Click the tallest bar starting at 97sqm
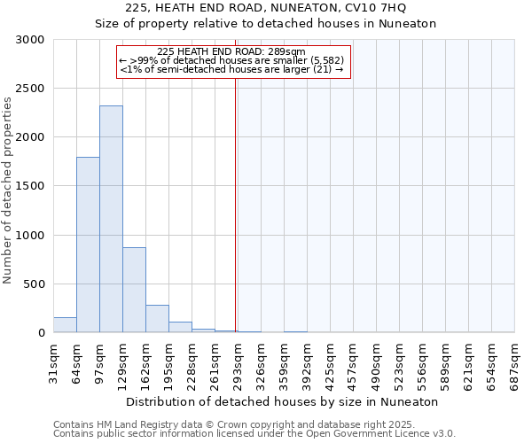(x=111, y=219)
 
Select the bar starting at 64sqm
(x=88, y=245)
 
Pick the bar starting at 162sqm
(x=157, y=318)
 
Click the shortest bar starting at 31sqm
(x=65, y=325)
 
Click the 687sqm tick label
(x=515, y=363)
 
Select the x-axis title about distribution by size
(x=284, y=401)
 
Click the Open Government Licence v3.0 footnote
(x=254, y=434)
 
